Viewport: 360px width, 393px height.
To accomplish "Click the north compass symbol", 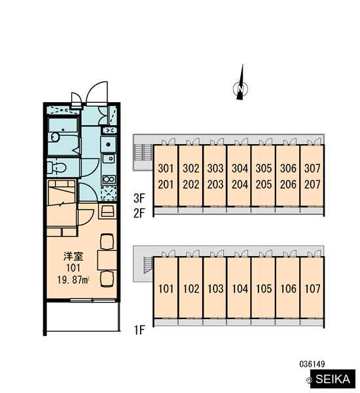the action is pyautogui.click(x=240, y=88).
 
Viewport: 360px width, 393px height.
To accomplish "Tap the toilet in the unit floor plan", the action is pyautogui.click(x=57, y=167).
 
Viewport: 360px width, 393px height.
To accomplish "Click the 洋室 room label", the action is pyautogui.click(x=73, y=256).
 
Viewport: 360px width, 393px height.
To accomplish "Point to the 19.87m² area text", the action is pyautogui.click(x=73, y=280).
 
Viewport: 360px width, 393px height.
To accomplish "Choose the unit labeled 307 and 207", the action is pyautogui.click(x=312, y=176).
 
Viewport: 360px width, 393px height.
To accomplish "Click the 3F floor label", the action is pyautogui.click(x=139, y=198).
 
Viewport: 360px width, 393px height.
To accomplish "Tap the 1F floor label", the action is pyautogui.click(x=139, y=330).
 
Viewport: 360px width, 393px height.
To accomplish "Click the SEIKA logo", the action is pyautogui.click(x=333, y=379).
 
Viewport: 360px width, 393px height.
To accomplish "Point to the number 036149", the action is pyautogui.click(x=312, y=364).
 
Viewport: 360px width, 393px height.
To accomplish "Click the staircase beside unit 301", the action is pyautogui.click(x=143, y=153).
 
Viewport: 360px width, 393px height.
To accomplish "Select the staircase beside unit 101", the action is pyautogui.click(x=148, y=265).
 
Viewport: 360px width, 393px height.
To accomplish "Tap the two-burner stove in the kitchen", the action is pyautogui.click(x=109, y=179).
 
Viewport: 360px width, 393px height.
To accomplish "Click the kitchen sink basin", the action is pyautogui.click(x=109, y=159).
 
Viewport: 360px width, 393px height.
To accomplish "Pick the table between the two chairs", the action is pyautogui.click(x=107, y=259).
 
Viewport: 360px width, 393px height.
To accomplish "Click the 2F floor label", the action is pyautogui.click(x=139, y=214).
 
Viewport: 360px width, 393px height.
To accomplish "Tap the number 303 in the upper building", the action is pyautogui.click(x=215, y=168).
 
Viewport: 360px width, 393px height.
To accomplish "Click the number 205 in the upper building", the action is pyautogui.click(x=264, y=185).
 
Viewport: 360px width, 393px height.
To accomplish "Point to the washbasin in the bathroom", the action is pyautogui.click(x=55, y=137).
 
